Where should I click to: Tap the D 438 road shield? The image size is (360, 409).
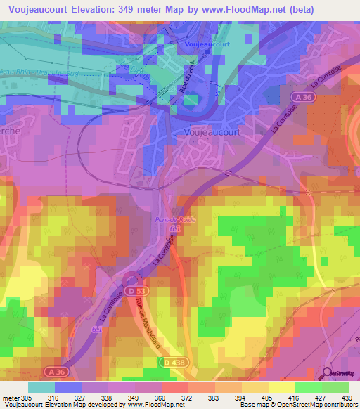(x=172, y=361)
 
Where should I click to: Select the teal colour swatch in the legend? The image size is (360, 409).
(x=41, y=387)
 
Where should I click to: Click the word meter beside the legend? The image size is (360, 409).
(x=11, y=398)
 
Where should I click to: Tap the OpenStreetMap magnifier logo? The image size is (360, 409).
(x=328, y=374)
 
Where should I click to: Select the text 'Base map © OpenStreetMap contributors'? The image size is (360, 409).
(x=299, y=405)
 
